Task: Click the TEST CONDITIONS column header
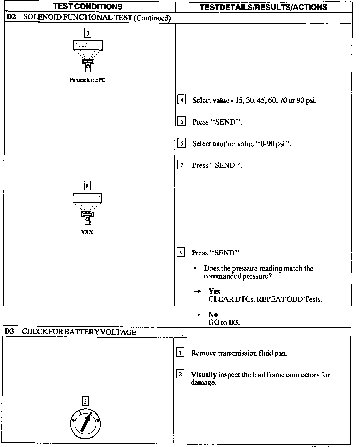(x=88, y=6)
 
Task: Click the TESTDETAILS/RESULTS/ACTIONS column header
(x=263, y=7)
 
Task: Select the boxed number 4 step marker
(x=181, y=100)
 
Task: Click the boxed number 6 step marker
(x=181, y=143)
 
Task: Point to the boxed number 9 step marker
(x=181, y=253)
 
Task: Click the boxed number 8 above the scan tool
(x=87, y=186)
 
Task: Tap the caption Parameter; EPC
(x=87, y=80)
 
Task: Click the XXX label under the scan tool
(x=87, y=232)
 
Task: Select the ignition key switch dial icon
(x=85, y=424)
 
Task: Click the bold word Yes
(x=214, y=291)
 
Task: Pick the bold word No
(x=213, y=315)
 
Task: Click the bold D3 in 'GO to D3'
(x=234, y=322)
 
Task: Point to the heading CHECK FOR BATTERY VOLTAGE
(x=79, y=332)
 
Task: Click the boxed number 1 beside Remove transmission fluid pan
(x=180, y=353)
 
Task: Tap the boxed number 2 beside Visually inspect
(x=180, y=374)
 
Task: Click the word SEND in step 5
(x=225, y=122)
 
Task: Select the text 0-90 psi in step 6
(x=273, y=144)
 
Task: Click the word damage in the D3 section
(x=203, y=383)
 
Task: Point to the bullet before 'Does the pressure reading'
(x=195, y=268)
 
